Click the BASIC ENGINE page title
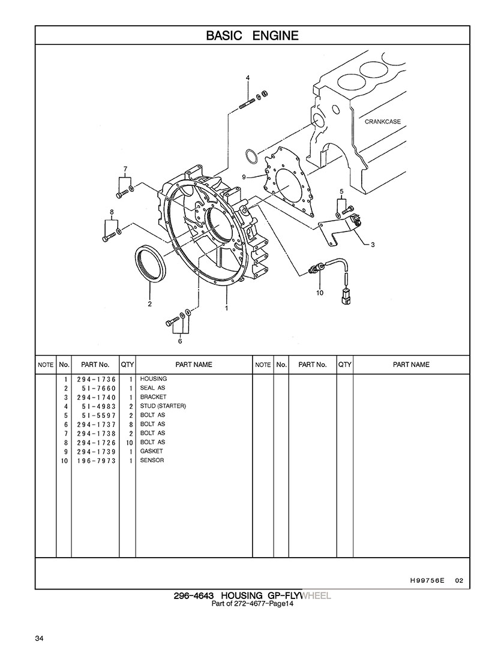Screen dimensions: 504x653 (252, 35)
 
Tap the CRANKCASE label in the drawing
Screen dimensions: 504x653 (382, 122)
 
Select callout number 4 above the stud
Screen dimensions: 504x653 (248, 78)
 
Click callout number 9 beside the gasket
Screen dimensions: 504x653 (244, 177)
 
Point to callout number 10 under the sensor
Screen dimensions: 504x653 (320, 293)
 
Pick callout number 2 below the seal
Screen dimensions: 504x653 (149, 303)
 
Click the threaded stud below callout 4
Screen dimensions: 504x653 (248, 103)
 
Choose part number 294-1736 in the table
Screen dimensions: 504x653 (96, 380)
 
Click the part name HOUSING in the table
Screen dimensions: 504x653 (154, 379)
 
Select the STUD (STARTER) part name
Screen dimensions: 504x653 (163, 406)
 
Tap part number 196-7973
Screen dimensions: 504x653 (96, 461)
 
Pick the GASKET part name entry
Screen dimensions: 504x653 (151, 452)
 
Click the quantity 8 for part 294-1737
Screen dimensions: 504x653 (130, 425)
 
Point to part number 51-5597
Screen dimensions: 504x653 (99, 416)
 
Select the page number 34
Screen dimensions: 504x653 (40, 639)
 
